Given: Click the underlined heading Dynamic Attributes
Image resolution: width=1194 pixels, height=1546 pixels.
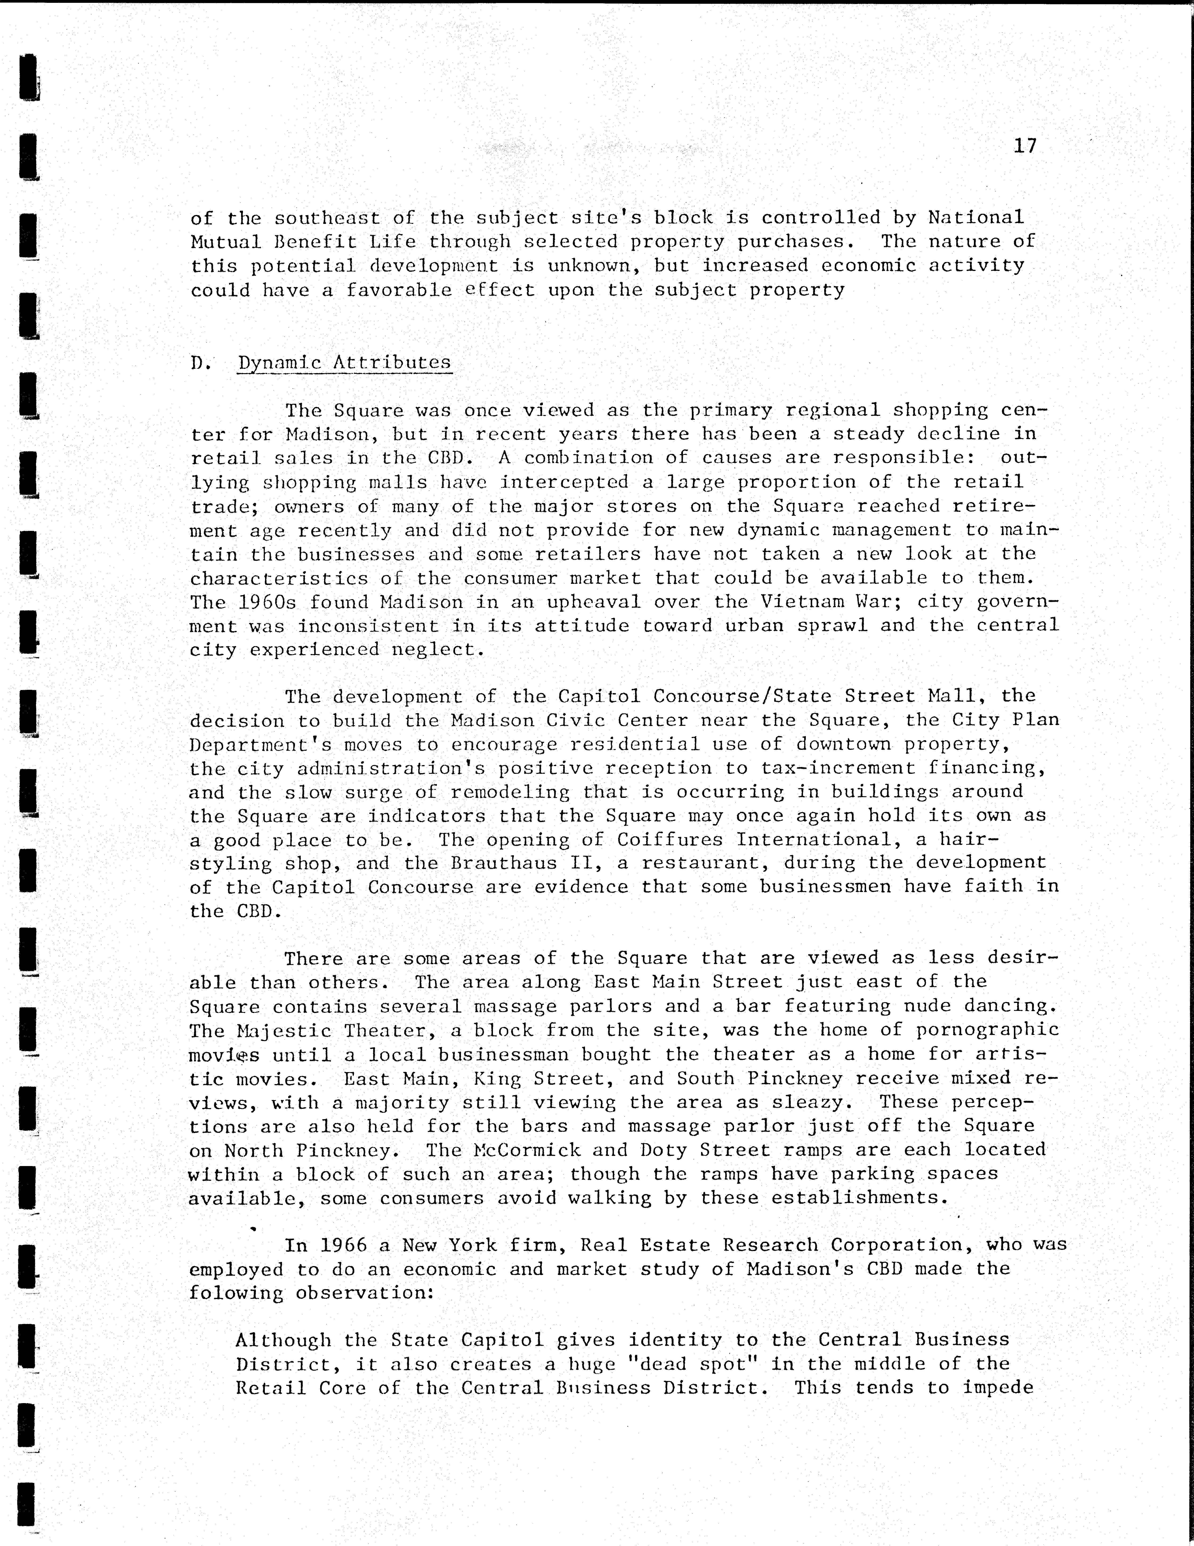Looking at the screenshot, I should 344,363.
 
